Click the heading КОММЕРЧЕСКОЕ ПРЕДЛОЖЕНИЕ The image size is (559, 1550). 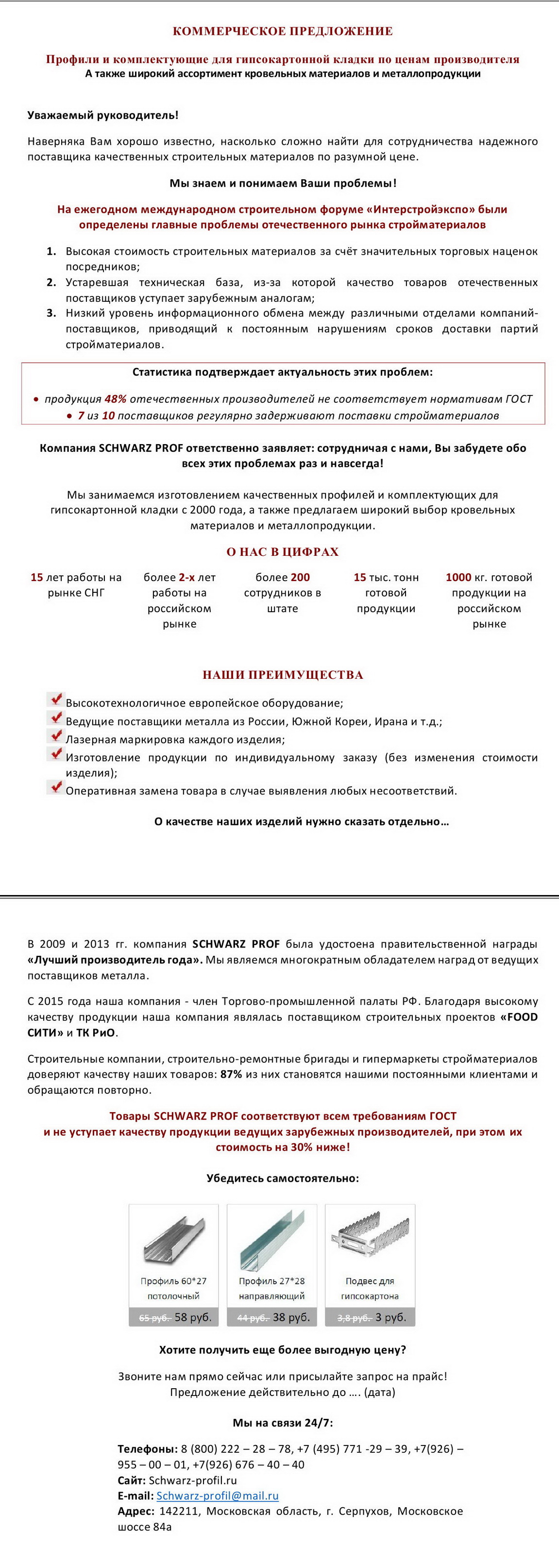tap(282, 31)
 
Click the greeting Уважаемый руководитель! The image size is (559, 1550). tap(103, 115)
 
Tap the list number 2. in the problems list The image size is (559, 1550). tap(52, 282)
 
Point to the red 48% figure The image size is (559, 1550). tap(115, 399)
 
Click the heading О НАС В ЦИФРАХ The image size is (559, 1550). tap(282, 552)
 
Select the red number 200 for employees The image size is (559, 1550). tap(299, 577)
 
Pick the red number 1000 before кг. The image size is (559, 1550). tap(458, 577)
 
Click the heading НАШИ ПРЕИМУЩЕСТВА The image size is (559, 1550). tap(282, 674)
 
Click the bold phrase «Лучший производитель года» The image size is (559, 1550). tap(114, 960)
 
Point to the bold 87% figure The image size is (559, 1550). tap(231, 1074)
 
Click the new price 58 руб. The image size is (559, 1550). tap(192, 1317)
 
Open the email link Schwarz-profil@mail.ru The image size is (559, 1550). tap(217, 1495)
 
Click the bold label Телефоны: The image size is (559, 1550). tap(148, 1449)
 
